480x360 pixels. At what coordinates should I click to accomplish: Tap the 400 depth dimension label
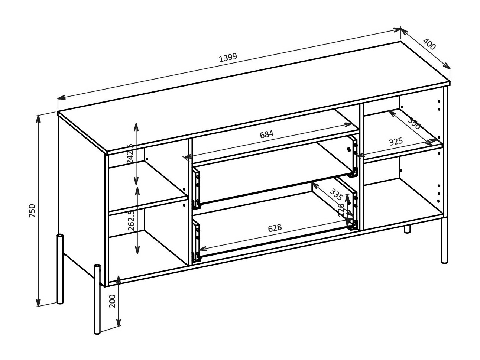[429, 45]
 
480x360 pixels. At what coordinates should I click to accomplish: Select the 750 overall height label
[32, 211]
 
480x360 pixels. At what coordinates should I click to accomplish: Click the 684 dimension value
[266, 134]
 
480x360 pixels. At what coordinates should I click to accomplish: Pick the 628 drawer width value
[275, 228]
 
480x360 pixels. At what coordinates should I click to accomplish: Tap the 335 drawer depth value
[336, 195]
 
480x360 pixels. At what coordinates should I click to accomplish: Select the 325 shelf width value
[396, 142]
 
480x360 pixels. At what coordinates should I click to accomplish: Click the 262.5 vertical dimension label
[131, 221]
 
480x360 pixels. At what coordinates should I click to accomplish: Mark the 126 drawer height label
[341, 210]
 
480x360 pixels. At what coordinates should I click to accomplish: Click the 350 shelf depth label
[414, 123]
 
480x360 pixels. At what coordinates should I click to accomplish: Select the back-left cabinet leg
[60, 269]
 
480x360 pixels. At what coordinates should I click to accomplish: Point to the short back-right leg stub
[408, 229]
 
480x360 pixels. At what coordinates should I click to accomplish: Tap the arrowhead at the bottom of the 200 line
[119, 324]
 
